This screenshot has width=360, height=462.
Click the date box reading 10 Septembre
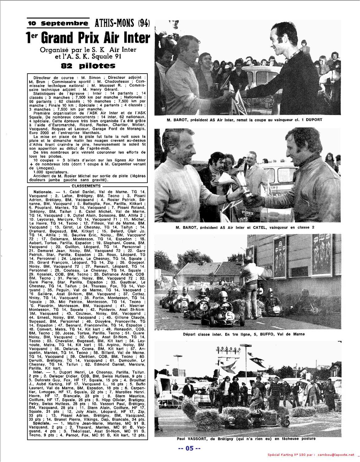pos(58,23)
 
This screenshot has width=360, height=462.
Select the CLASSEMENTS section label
pos(86,186)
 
